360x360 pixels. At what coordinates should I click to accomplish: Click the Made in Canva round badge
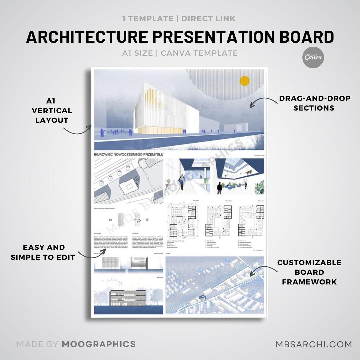tap(314, 57)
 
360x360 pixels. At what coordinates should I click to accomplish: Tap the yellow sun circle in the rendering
tap(245, 81)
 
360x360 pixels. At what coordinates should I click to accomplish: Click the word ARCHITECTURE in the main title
tap(87, 37)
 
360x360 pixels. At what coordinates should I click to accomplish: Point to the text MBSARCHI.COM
tap(314, 344)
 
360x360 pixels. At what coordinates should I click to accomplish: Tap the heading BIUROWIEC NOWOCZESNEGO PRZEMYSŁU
tap(128, 155)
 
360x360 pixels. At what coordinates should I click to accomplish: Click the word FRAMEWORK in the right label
tap(309, 282)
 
